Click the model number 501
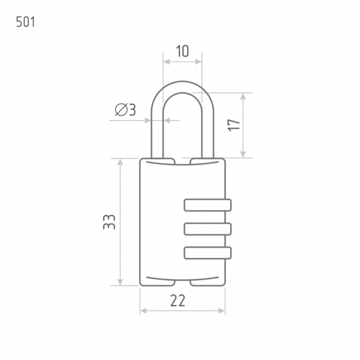pos(25,22)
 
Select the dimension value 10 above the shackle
pos(183,51)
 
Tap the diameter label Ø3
pos(125,110)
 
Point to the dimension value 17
pos(234,125)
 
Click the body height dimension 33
pos(109,222)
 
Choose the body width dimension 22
pos(178,301)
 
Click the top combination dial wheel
pos(208,205)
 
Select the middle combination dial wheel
pos(208,229)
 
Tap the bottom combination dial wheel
pos(208,253)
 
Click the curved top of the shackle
pos(182,87)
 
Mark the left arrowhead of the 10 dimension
pos(167,61)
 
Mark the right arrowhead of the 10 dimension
pos(198,61)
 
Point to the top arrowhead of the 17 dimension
pos(243,96)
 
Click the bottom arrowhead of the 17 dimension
pos(243,155)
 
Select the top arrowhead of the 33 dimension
pos(120,162)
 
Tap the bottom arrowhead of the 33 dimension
pos(120,282)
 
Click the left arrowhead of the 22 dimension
pos(143,311)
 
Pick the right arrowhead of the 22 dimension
pos(222,311)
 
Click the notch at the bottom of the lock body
pos(183,283)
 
